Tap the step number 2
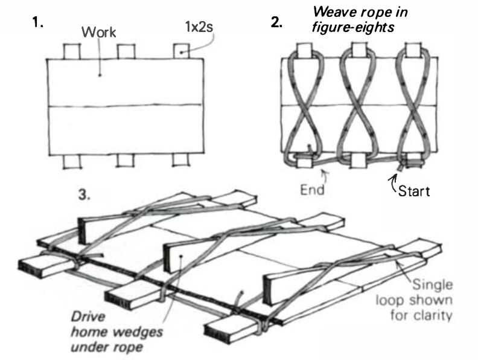pos(276,24)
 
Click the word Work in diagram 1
pos(99,34)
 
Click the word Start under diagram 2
pos(413,192)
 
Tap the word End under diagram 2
pos(312,190)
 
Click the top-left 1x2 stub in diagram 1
pos(72,51)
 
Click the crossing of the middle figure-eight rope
pos(356,106)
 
